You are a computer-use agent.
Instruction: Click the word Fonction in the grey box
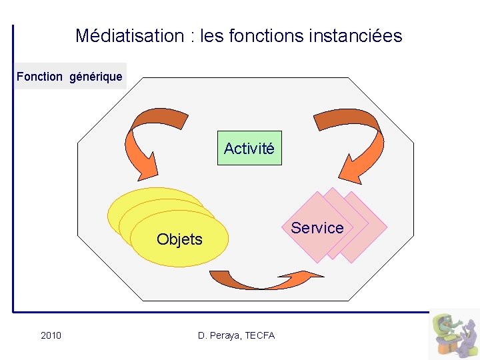point(39,77)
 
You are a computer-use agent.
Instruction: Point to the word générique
point(96,77)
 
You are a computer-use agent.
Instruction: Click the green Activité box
point(249,148)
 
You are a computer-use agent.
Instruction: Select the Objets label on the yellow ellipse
point(179,239)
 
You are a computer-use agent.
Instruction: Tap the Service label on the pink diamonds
point(317,228)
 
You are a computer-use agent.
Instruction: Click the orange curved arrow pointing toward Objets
point(152,140)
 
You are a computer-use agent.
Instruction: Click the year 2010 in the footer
point(51,335)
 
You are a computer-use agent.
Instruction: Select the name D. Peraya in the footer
point(219,335)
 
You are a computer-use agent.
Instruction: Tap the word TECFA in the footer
point(260,335)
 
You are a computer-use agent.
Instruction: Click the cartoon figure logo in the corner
point(453,334)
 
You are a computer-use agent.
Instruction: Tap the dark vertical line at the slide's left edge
point(13,167)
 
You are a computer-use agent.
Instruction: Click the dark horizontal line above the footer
point(220,311)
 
